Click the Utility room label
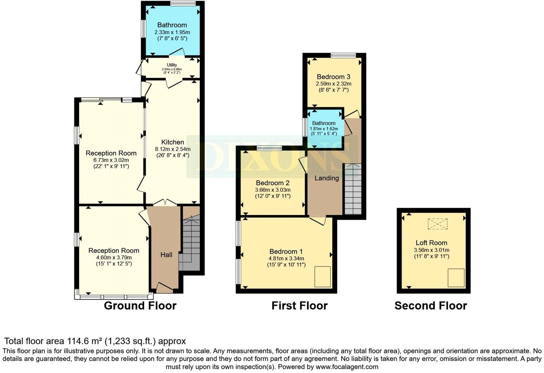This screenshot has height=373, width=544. coord(172,65)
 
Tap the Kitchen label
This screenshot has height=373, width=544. coord(173,142)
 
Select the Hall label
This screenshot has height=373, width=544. coord(166,255)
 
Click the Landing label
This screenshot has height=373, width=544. coord(326,178)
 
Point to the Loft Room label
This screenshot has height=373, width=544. coord(431,243)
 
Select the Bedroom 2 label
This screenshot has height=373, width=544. coord(272,183)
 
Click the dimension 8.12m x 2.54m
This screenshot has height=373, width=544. coord(173,149)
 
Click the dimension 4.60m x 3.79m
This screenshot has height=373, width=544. coord(114,257)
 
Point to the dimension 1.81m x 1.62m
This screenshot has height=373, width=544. coord(324,129)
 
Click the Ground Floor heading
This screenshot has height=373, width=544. coord(140,306)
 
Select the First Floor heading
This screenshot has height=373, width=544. coord(299,306)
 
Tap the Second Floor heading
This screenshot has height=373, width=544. coord(431,306)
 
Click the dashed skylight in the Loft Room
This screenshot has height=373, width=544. coord(438,224)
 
